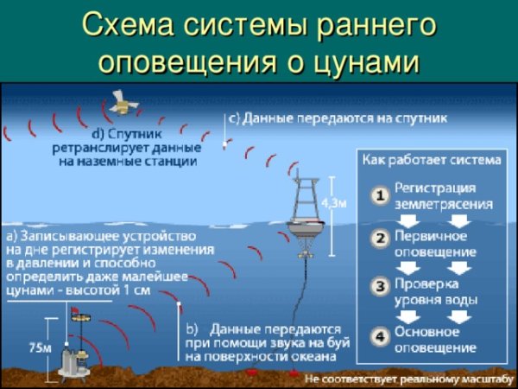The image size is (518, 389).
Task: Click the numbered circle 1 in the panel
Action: pyautogui.click(x=379, y=195)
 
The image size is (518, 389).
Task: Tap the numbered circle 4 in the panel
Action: pyautogui.click(x=379, y=336)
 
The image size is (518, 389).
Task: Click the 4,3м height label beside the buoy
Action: pyautogui.click(x=334, y=202)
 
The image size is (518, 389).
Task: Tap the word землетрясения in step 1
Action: pyautogui.click(x=444, y=204)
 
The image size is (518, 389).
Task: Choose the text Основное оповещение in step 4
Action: pyautogui.click(x=435, y=339)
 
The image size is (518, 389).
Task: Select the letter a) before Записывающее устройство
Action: pyautogui.click(x=14, y=235)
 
